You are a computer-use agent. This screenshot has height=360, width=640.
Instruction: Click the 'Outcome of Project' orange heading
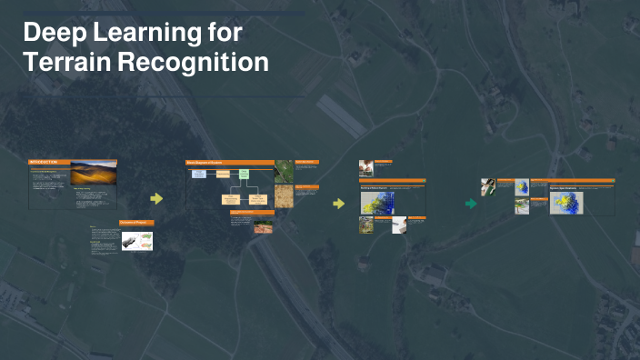pos(136,223)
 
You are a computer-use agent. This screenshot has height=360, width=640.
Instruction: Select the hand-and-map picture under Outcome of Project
pos(137,241)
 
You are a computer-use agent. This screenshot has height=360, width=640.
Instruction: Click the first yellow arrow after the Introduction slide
pos(156,198)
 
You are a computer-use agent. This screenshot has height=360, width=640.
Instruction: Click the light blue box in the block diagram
pos(199,173)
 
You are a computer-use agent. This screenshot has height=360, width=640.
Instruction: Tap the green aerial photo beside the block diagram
pos(284,172)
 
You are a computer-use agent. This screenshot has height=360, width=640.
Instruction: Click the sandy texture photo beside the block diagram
pos(284,195)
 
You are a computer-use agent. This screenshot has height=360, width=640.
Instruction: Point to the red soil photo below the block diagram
pos(263,225)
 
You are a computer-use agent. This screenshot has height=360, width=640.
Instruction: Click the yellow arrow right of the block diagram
pos(338,203)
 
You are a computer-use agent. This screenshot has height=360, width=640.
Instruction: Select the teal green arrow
pos(471,204)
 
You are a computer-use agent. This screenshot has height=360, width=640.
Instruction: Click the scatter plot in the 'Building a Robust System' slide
pos(376,203)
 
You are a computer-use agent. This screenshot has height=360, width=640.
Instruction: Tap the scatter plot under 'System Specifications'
pos(566,203)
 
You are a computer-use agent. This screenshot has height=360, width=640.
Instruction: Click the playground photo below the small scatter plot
pos(522,205)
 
